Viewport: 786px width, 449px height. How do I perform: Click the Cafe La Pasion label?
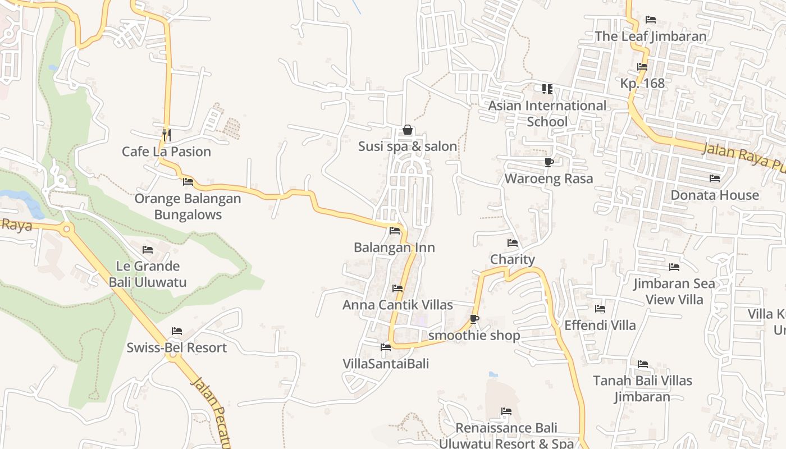[x=167, y=152]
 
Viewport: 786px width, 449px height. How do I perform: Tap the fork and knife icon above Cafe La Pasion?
[x=166, y=135]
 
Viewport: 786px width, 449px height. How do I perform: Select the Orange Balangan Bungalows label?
[x=188, y=207]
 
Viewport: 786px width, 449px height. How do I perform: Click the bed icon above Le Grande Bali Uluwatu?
[x=148, y=249]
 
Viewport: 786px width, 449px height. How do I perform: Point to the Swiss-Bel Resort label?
[x=176, y=347]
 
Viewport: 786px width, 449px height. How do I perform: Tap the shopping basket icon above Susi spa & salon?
[x=408, y=130]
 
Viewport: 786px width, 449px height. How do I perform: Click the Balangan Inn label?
[x=394, y=248]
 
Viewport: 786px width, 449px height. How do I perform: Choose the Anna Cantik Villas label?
[x=397, y=305]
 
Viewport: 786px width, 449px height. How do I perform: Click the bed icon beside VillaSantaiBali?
[x=386, y=347]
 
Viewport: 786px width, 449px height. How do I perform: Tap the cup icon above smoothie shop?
[x=474, y=319]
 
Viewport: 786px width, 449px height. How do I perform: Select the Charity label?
[x=513, y=259]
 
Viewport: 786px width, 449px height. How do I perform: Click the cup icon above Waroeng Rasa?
[x=549, y=163]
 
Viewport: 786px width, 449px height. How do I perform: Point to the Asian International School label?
[x=547, y=113]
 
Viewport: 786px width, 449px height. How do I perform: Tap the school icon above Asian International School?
[x=547, y=89]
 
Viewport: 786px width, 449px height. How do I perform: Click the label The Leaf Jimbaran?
[x=651, y=36]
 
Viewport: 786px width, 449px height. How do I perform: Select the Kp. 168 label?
[x=642, y=84]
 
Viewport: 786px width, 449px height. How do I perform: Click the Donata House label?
[x=715, y=195]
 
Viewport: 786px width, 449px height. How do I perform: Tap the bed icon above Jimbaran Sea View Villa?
[x=674, y=267]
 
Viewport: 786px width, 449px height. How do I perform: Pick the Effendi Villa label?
[x=600, y=325]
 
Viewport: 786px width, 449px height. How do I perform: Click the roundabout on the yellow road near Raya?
[x=67, y=228]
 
